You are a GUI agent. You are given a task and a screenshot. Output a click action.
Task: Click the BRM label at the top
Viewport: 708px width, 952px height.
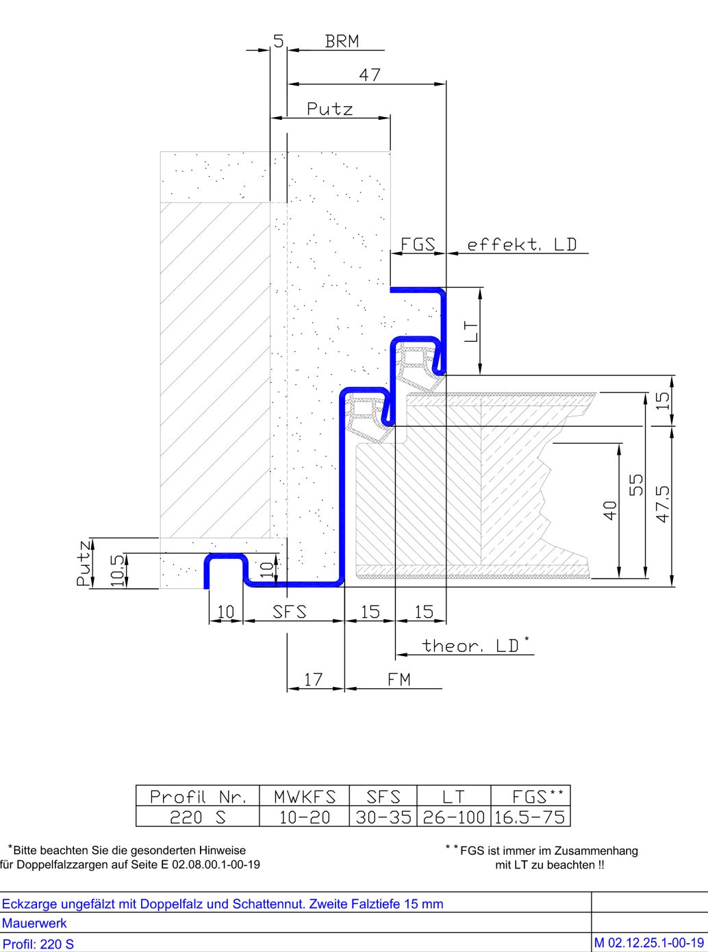342,41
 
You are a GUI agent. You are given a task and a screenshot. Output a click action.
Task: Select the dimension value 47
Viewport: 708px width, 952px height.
370,75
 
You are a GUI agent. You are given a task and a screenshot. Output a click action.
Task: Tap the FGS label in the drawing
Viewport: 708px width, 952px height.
418,245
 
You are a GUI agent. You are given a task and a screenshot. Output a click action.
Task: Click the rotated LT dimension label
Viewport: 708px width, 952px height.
470,331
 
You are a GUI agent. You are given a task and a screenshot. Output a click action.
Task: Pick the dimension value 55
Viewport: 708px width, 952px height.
637,485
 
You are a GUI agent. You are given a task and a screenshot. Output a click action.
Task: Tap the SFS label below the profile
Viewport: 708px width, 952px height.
290,612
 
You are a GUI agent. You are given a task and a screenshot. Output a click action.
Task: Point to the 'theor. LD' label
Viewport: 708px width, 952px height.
475,645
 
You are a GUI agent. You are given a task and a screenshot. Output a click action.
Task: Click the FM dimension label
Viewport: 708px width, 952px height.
399,679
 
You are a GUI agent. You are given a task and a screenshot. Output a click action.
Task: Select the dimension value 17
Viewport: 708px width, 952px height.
313,679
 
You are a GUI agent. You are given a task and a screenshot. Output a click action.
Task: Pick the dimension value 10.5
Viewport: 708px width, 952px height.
117,571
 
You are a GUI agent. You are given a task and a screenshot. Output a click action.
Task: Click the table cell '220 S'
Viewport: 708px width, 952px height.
197,817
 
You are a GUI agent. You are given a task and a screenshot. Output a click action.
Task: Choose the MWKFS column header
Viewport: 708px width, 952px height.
305,797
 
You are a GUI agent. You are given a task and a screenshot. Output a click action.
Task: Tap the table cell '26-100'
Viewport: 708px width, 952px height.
453,817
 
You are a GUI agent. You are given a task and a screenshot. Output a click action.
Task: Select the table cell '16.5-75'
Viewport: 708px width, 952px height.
529,817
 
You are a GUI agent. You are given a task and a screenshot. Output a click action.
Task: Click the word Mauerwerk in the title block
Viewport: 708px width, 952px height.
34,923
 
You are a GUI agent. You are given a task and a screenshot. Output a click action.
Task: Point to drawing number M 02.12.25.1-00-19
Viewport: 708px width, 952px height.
649,943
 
